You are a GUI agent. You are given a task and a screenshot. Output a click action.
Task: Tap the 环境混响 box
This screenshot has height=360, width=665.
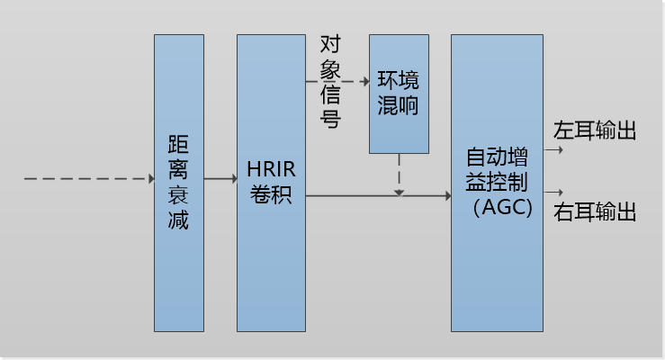(x=399, y=94)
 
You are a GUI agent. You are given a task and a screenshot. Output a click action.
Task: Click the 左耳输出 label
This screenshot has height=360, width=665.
(x=595, y=130)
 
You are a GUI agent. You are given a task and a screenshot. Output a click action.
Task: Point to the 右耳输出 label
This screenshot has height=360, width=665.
(x=595, y=212)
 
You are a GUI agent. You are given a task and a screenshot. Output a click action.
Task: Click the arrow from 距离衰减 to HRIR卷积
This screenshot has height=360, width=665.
(x=220, y=179)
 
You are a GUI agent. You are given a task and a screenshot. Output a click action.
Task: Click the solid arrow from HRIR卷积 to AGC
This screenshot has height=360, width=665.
(x=378, y=194)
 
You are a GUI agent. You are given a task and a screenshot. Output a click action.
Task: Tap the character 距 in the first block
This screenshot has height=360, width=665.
(x=178, y=144)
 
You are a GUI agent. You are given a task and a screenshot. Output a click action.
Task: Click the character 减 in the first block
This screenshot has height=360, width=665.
(x=178, y=220)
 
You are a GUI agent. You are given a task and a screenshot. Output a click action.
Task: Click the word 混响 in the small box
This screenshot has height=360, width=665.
(x=399, y=105)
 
